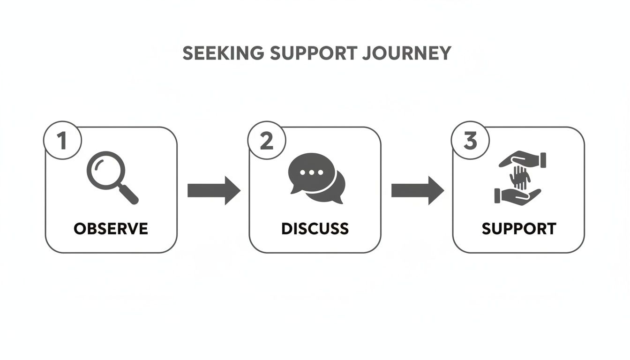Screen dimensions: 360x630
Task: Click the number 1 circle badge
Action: [62, 141]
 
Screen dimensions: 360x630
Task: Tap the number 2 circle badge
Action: [266, 141]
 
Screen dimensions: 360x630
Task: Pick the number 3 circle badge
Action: [470, 141]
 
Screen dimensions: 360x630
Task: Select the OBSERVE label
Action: [111, 229]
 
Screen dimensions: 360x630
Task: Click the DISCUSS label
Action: [315, 229]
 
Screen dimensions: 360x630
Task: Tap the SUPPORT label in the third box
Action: [519, 229]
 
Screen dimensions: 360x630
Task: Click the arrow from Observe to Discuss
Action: [213, 190]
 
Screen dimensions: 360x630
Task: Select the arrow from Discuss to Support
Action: [417, 190]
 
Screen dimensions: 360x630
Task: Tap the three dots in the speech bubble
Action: [308, 172]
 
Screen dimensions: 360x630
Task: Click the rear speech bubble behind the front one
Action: [334, 190]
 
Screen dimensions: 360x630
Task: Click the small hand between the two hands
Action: [519, 177]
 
